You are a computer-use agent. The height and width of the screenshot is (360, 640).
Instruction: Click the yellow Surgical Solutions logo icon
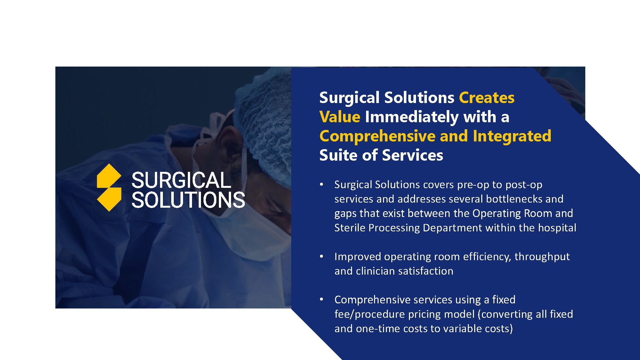pyautogui.click(x=109, y=188)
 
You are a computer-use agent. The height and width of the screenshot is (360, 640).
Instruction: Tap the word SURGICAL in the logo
pyautogui.click(x=181, y=180)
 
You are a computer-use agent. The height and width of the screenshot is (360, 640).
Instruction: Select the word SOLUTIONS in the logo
pyautogui.click(x=188, y=200)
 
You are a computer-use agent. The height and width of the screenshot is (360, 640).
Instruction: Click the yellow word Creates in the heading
pyautogui.click(x=487, y=98)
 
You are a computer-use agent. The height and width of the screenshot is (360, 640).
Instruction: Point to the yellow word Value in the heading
pyautogui.click(x=340, y=117)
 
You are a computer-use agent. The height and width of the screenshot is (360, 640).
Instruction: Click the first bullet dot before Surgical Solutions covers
pyautogui.click(x=322, y=185)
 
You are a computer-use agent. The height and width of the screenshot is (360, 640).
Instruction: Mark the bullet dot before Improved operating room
pyautogui.click(x=322, y=257)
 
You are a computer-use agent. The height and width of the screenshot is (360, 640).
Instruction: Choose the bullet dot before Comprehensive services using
pyautogui.click(x=322, y=300)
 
